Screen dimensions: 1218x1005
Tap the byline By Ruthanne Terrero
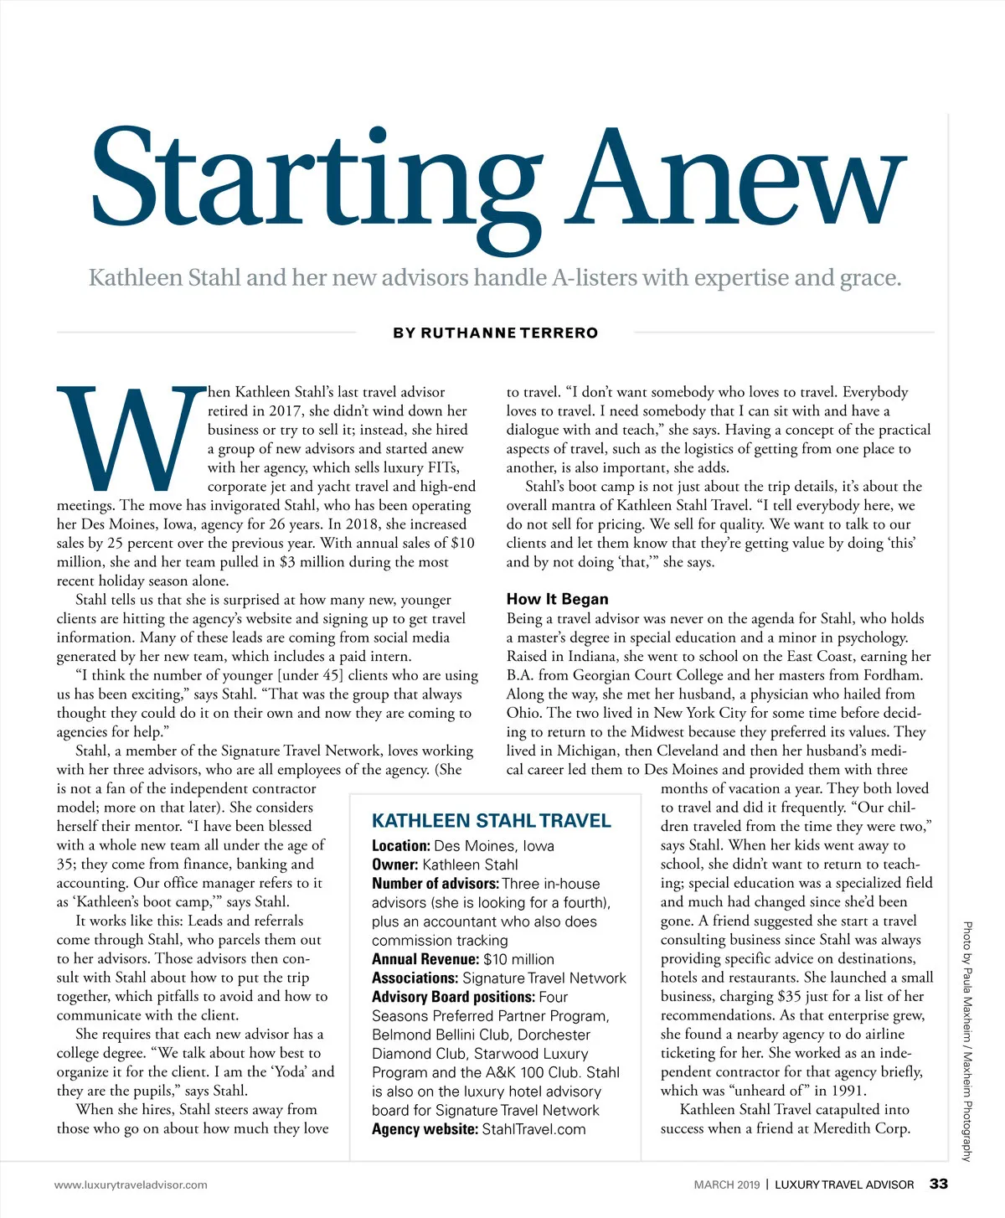pyautogui.click(x=496, y=333)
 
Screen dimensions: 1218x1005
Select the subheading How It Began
pyautogui.click(x=558, y=599)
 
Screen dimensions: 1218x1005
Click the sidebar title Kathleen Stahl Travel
pyautogui.click(x=492, y=821)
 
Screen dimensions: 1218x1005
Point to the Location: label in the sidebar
pyautogui.click(x=401, y=846)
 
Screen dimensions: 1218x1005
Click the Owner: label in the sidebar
pyautogui.click(x=395, y=864)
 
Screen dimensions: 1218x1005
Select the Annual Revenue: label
pyautogui.click(x=425, y=959)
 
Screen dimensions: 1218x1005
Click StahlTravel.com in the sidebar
pyautogui.click(x=534, y=1129)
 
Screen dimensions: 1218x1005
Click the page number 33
pyautogui.click(x=939, y=1184)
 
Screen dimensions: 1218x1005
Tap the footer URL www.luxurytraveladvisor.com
pyautogui.click(x=131, y=1184)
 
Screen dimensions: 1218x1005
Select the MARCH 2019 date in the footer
pyautogui.click(x=727, y=1184)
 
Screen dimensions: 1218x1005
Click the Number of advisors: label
pyautogui.click(x=435, y=884)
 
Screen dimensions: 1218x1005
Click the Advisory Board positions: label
pyautogui.click(x=453, y=997)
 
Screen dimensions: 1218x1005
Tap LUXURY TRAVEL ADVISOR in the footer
pyautogui.click(x=844, y=1184)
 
